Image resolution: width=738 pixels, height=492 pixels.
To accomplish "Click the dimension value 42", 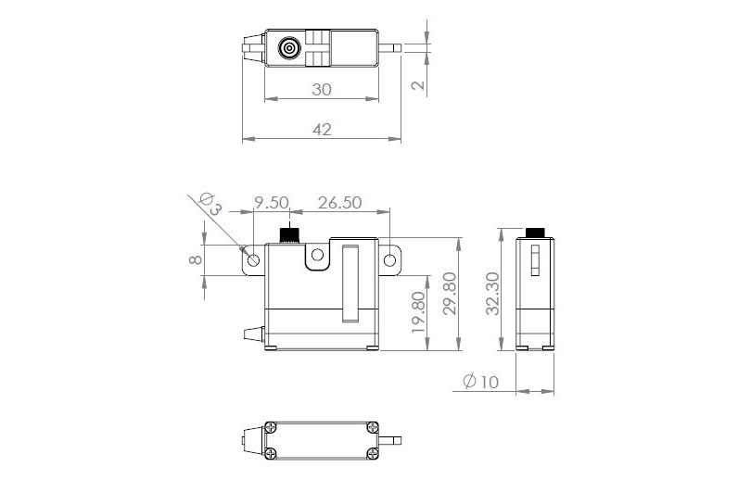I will click(322, 130).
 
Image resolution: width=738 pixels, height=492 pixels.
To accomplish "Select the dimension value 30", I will click(322, 90).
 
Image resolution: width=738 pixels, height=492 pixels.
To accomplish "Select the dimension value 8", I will click(196, 260).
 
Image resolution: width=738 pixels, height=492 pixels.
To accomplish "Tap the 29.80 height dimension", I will click(450, 296).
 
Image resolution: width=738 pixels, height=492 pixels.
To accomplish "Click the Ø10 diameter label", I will click(479, 381).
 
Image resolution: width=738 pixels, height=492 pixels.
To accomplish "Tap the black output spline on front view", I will click(290, 233).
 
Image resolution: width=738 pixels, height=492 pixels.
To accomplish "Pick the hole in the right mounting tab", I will click(391, 259).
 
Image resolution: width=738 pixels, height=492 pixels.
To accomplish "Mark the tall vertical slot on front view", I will click(350, 283).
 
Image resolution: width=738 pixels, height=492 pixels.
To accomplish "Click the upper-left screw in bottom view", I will click(271, 427).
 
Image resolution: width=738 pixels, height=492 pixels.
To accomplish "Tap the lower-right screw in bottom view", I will click(372, 452).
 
